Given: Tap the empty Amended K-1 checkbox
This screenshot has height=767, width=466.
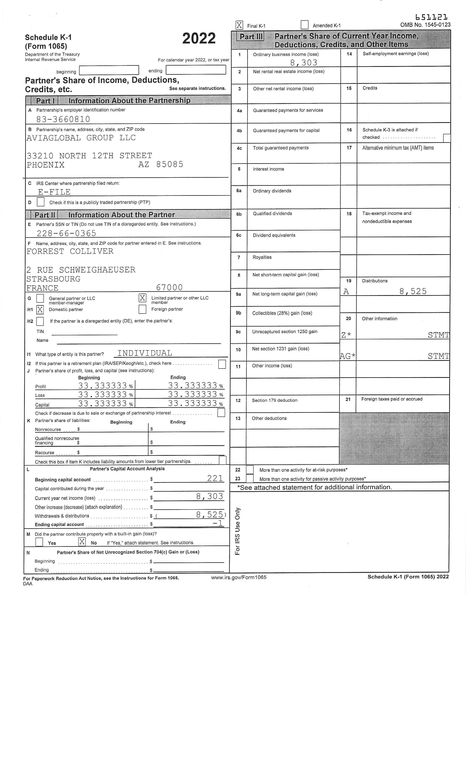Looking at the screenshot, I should coord(304,25).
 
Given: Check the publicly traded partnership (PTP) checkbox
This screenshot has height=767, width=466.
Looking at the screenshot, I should coord(41,202).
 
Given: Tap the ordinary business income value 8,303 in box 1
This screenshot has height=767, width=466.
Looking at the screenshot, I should coord(304,63).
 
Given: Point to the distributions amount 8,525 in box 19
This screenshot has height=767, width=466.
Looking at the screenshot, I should coord(413,291).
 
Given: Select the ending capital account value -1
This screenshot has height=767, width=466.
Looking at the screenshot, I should coord(218,523).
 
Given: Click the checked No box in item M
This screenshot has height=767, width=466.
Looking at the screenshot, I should coord(82,542).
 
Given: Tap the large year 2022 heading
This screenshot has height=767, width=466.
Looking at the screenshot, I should coord(199,39).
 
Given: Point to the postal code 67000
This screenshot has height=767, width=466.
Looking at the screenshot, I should coord(169,287).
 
